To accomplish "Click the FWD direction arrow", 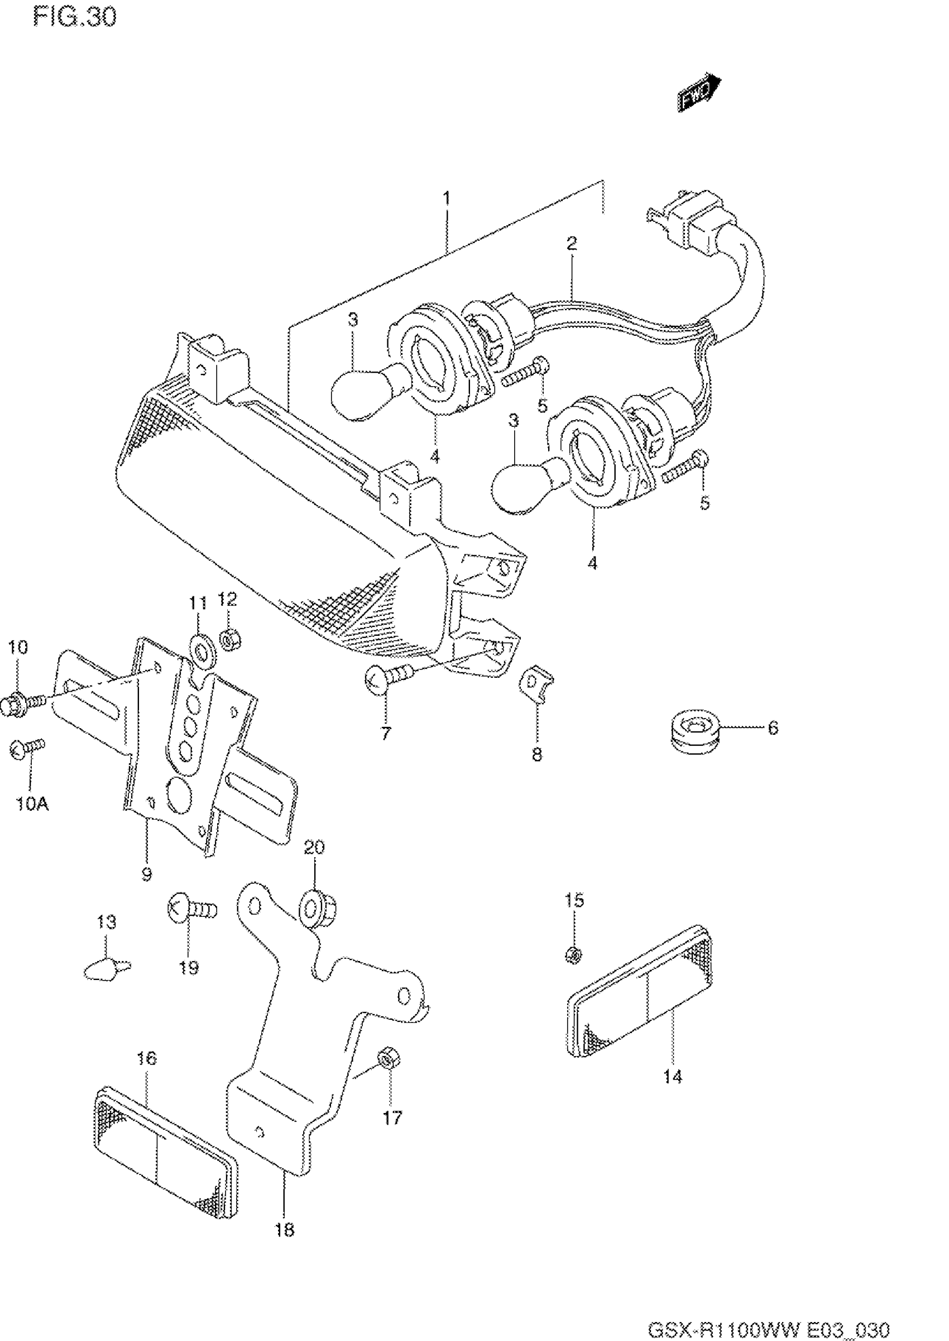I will click(x=700, y=91).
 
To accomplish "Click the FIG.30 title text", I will click(x=75, y=17).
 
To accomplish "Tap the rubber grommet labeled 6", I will click(x=694, y=729).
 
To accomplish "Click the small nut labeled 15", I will click(x=573, y=955).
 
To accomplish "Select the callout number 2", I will click(x=571, y=243).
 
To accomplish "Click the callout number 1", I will click(x=447, y=198).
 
